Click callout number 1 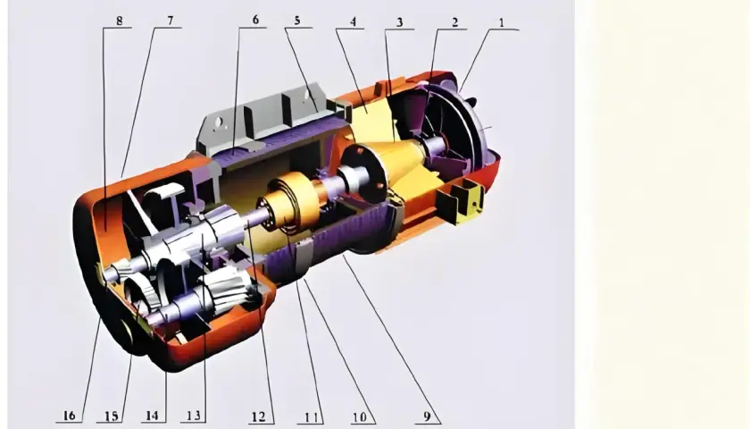(x=501, y=22)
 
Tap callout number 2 (x=454, y=22)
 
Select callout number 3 (x=399, y=22)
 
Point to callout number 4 (x=353, y=21)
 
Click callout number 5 (x=297, y=21)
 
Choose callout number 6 (x=255, y=20)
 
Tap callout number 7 (x=171, y=21)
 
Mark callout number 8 (x=119, y=21)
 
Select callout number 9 (x=427, y=416)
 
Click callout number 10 (x=360, y=417)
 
